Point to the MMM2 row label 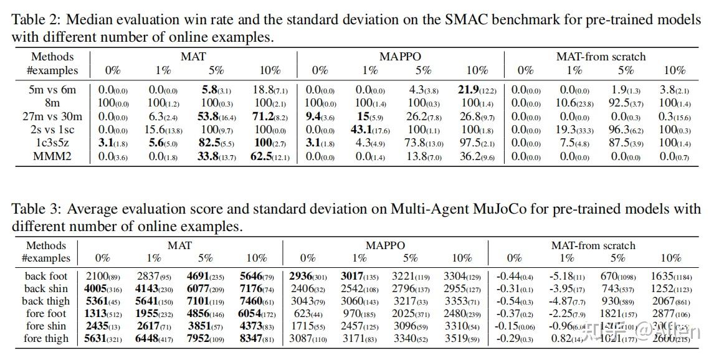(52, 156)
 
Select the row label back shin (46, 288)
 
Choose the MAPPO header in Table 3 (385, 245)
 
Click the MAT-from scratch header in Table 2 (601, 57)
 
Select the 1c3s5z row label (52, 143)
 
